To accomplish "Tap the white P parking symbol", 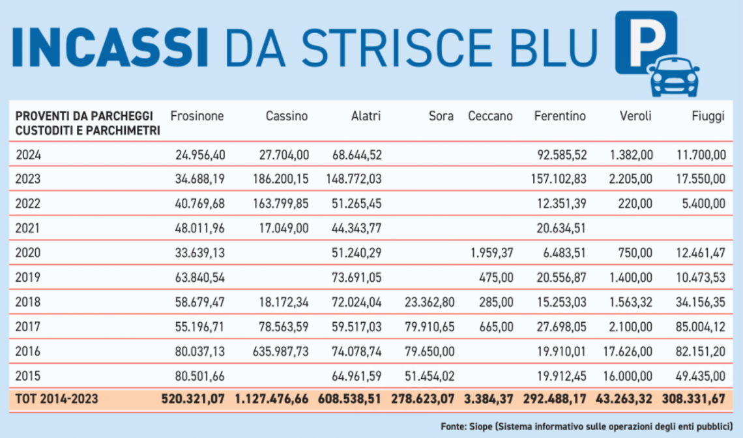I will pos(645,40).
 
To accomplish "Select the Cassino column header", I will pos(287,116).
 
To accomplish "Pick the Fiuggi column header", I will pos(708,116).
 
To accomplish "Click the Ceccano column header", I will pos(490,116).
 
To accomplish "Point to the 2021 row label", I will pos(28,228).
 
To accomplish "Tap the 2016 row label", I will pos(28,351).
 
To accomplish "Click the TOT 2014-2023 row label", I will pos(57,398).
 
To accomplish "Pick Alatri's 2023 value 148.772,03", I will pos(351,179).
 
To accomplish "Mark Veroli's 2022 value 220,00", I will pos(636,203).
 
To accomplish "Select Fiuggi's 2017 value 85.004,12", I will pos(698,327).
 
